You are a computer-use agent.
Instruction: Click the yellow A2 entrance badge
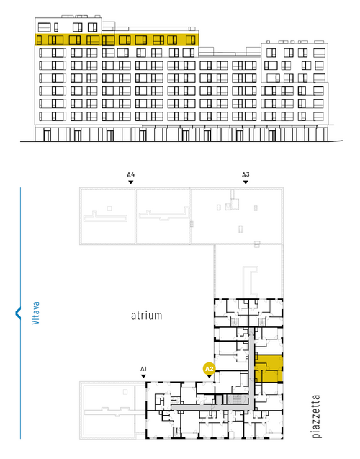click(x=210, y=369)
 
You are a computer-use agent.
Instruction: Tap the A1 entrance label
click(x=143, y=369)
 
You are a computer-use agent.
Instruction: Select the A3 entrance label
click(x=246, y=175)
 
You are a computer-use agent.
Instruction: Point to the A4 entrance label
click(x=131, y=175)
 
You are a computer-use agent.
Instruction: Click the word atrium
click(x=146, y=316)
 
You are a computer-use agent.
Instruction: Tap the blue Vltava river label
click(x=35, y=313)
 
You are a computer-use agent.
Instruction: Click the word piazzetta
click(x=316, y=416)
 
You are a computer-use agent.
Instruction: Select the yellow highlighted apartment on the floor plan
click(x=269, y=368)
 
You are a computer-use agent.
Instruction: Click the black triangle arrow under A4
click(x=131, y=182)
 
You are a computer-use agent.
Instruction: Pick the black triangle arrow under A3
click(x=246, y=182)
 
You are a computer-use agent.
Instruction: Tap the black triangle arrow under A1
click(x=143, y=376)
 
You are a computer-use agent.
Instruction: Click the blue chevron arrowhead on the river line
click(x=18, y=313)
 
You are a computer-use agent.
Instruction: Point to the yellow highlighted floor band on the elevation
click(x=117, y=40)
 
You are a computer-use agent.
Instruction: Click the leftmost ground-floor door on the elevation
click(x=47, y=135)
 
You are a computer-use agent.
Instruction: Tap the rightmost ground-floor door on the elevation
click(x=272, y=135)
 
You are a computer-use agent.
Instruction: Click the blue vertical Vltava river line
click(x=20, y=313)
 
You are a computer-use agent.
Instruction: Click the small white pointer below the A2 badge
click(x=210, y=376)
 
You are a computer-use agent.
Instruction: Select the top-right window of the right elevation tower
click(x=319, y=53)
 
